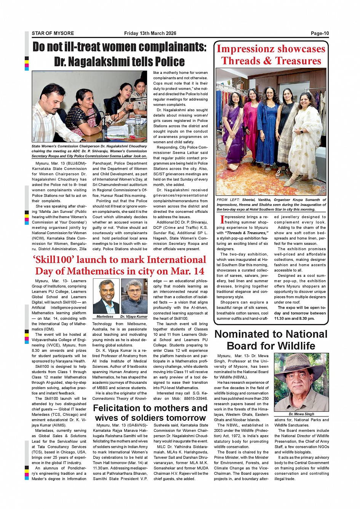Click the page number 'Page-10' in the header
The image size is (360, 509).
(x=320, y=34)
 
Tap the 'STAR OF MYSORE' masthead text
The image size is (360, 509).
(x=53, y=34)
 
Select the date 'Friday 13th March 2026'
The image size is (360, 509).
(x=150, y=34)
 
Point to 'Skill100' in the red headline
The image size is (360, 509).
(x=53, y=260)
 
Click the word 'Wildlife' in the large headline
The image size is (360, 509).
(x=290, y=346)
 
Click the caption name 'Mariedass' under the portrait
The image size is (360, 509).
(x=105, y=317)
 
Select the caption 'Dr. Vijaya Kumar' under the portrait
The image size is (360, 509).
(x=134, y=317)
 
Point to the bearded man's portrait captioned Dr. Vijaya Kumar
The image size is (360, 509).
(x=134, y=295)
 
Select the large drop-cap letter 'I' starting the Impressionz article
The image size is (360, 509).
(x=222, y=220)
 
